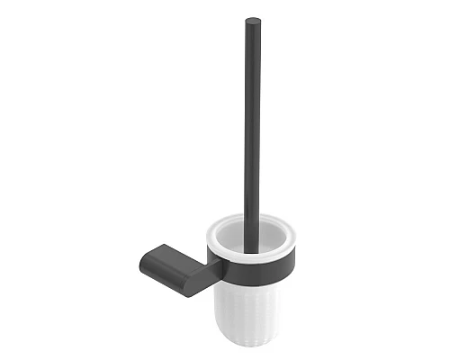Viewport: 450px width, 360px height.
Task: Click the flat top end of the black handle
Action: click(x=253, y=21)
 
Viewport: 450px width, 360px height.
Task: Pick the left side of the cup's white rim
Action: click(x=215, y=232)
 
